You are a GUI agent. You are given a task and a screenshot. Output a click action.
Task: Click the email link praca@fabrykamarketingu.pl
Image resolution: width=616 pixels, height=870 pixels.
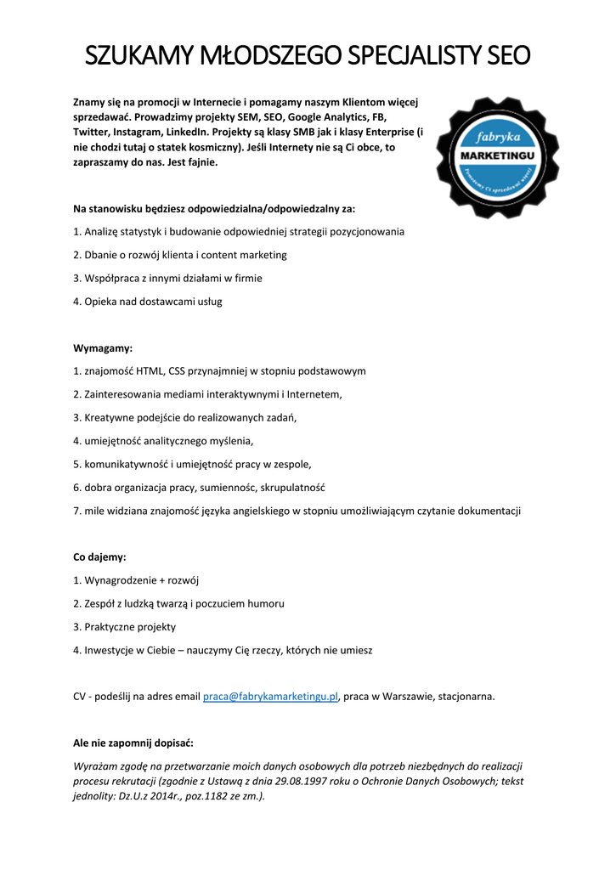pyautogui.click(x=270, y=697)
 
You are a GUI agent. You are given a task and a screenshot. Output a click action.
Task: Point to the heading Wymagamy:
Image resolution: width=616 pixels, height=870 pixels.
pyautogui.click(x=103, y=348)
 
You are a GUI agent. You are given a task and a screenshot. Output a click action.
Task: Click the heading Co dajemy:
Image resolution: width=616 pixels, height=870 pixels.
pyautogui.click(x=99, y=557)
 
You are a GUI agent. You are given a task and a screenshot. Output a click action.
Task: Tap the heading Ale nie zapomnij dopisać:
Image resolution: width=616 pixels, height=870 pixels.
pyautogui.click(x=133, y=743)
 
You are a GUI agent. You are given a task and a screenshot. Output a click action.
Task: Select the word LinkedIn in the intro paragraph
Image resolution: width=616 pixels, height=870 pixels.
pyautogui.click(x=194, y=133)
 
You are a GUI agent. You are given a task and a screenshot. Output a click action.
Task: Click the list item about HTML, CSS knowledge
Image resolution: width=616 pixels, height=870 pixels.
pyautogui.click(x=219, y=371)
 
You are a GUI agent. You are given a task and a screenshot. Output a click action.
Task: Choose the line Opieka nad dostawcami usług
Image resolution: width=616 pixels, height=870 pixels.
pyautogui.click(x=148, y=302)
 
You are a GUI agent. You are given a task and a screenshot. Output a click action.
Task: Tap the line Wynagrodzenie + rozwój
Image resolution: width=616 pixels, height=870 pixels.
pyautogui.click(x=136, y=580)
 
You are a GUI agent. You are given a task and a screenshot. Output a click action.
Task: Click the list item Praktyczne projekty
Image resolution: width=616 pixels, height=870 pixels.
pyautogui.click(x=125, y=627)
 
